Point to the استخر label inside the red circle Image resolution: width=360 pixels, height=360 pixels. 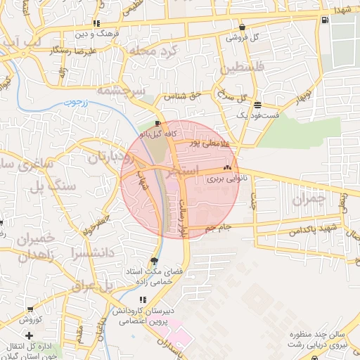click(184, 171)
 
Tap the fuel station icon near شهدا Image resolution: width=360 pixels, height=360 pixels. click(323, 20)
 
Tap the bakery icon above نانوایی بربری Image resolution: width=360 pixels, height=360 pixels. click(226, 169)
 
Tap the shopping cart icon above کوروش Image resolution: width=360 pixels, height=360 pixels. click(30, 309)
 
